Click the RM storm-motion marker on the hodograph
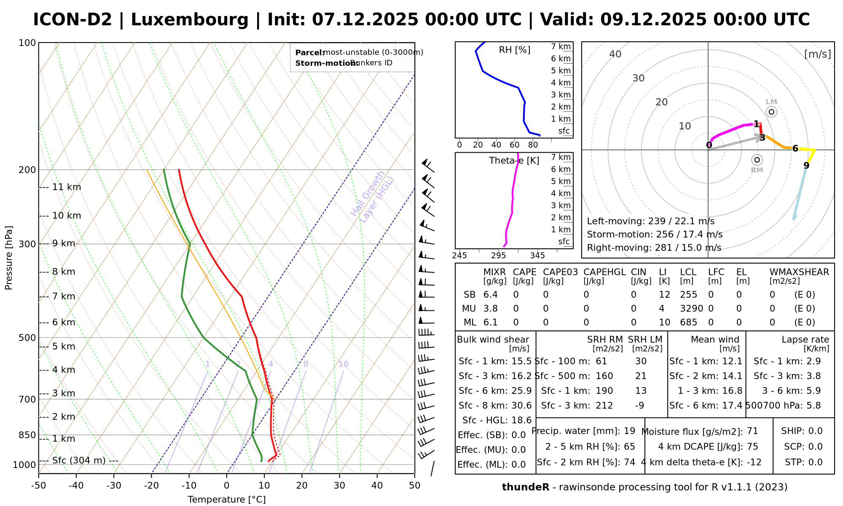pyautogui.click(x=757, y=160)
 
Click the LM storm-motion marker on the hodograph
pyautogui.click(x=771, y=112)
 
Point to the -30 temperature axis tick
pyautogui.click(x=114, y=485)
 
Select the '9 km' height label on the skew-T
pyautogui.click(x=64, y=244)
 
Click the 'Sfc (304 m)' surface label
pyautogui.click(x=79, y=460)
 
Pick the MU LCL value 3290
pyautogui.click(x=691, y=309)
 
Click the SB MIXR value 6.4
pyautogui.click(x=491, y=295)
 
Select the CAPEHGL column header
pyautogui.click(x=604, y=272)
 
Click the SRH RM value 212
pyautogui.click(x=604, y=406)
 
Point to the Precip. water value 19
pyautogui.click(x=629, y=431)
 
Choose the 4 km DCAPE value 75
pyautogui.click(x=752, y=447)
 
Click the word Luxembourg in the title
pyautogui.click(x=190, y=20)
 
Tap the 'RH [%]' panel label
pyautogui.click(x=515, y=50)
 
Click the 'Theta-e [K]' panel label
pyautogui.click(x=514, y=161)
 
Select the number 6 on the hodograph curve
pyautogui.click(x=795, y=148)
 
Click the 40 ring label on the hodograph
pyautogui.click(x=615, y=54)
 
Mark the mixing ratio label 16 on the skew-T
pyautogui.click(x=343, y=364)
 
